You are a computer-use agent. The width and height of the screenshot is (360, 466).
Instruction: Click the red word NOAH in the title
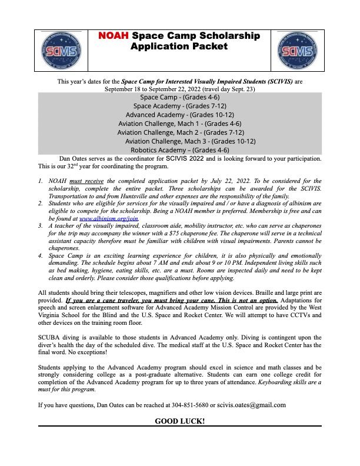click(x=115, y=36)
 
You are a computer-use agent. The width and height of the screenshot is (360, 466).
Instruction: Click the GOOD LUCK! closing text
click(x=180, y=421)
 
